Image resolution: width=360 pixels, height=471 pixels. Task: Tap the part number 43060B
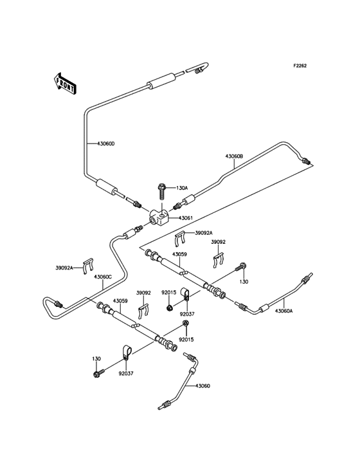point(233,156)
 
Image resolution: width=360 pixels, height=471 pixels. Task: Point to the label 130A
point(182,188)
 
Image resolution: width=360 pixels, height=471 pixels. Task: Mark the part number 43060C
point(103,277)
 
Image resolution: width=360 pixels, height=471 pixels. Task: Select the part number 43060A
point(283,311)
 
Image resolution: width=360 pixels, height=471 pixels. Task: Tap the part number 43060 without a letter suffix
point(203,385)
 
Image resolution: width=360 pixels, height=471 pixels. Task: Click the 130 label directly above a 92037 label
point(96,359)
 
